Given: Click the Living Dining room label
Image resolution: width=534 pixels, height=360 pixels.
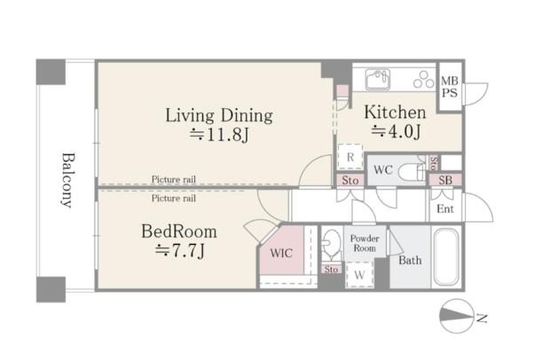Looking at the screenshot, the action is click(219, 115).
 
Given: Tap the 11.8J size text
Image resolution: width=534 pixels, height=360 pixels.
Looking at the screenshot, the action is click(220, 135).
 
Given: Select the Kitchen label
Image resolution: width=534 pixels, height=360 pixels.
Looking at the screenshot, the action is click(395, 113).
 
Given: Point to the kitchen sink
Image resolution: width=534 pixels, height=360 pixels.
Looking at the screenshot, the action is click(378, 79).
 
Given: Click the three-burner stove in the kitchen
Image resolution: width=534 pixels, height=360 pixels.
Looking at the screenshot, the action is click(424, 80).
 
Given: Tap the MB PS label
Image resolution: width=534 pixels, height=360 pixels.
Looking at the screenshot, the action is click(450, 87).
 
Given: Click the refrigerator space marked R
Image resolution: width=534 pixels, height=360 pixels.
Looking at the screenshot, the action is click(350, 157).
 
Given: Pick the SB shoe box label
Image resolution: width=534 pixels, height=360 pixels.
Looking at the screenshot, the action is click(445, 180).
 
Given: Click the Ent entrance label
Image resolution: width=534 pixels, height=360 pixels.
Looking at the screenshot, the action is click(445, 208).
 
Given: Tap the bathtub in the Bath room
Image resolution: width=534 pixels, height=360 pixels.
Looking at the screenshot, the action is click(446, 256).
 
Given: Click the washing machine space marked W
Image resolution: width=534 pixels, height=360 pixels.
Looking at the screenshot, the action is click(359, 275).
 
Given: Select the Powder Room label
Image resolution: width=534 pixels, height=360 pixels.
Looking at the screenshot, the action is click(365, 243).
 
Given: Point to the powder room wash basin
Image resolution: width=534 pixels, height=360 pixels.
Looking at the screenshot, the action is click(331, 242).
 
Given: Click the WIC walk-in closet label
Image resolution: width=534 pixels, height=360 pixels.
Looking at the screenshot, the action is click(281, 253).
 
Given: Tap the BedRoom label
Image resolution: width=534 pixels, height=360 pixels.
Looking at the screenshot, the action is click(179, 231).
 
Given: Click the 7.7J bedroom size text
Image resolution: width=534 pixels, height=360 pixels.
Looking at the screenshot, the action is click(180, 251).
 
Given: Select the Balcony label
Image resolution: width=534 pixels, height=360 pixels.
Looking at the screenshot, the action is click(68, 180).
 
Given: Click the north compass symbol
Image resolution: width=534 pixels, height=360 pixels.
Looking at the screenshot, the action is click(458, 316).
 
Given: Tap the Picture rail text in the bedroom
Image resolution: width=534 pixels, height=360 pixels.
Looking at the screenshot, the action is click(174, 199).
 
